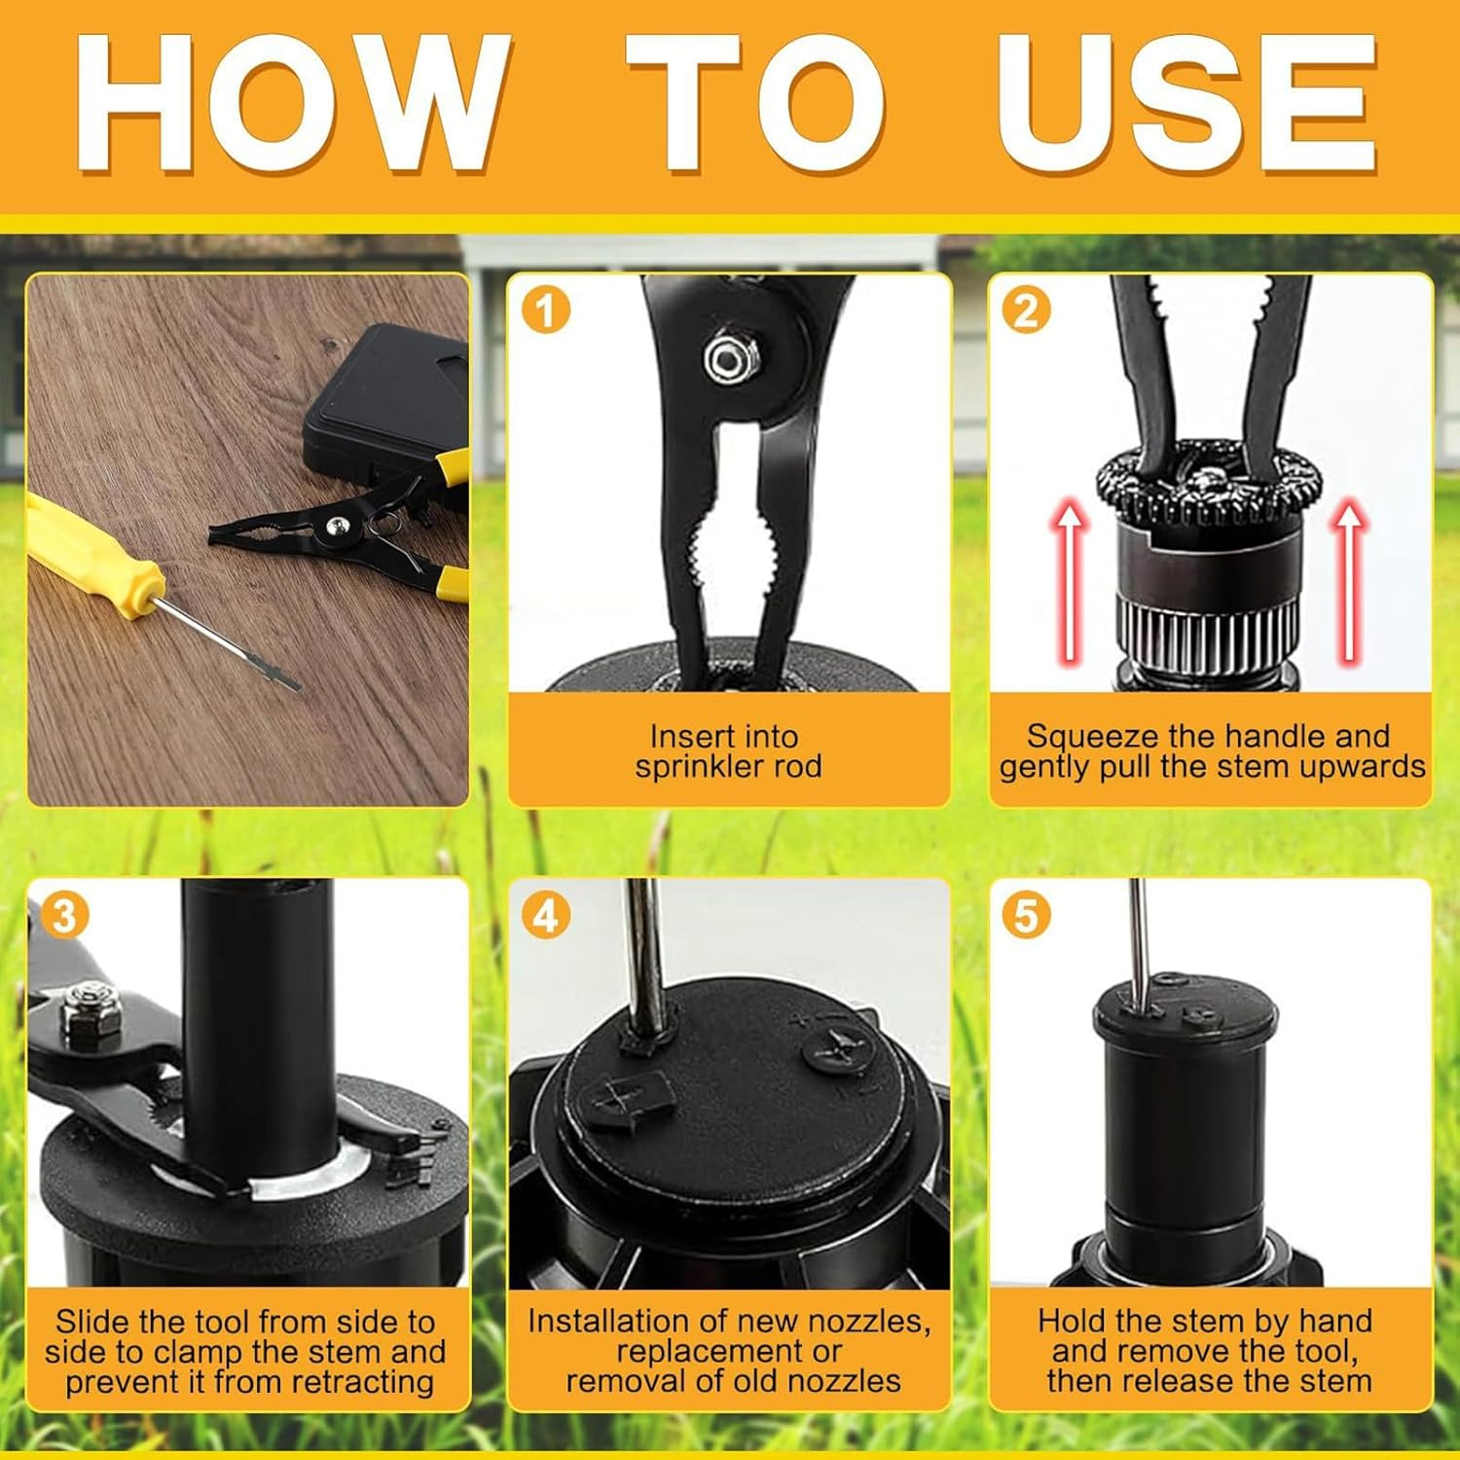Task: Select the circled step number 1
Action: click(x=545, y=310)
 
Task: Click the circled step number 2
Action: click(x=1026, y=310)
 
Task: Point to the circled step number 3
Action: click(x=64, y=916)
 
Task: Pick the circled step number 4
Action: click(x=545, y=916)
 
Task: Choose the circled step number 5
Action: click(x=1026, y=916)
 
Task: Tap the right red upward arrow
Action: click(x=1350, y=579)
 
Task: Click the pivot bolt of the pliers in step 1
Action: click(x=725, y=358)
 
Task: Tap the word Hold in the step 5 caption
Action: click(x=1070, y=1321)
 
